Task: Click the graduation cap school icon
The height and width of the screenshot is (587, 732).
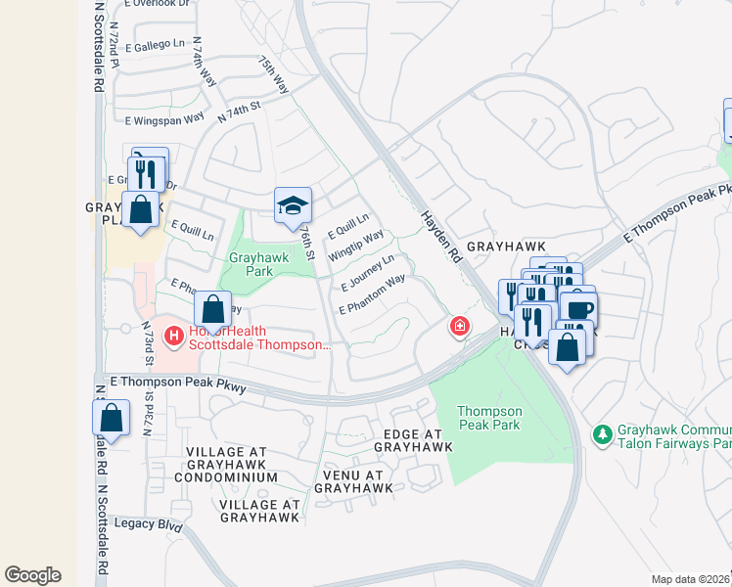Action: coord(293,205)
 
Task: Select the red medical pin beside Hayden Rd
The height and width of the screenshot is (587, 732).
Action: coord(458,326)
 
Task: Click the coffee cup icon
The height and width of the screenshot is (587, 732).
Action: coord(577,309)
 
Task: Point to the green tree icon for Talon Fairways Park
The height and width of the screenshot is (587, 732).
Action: coord(603,432)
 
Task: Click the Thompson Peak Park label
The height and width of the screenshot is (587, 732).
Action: coord(489,418)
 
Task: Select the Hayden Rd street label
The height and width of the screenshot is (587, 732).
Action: coord(440,237)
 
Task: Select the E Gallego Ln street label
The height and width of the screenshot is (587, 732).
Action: coord(148,44)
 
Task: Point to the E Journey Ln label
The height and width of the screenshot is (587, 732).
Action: coord(367,273)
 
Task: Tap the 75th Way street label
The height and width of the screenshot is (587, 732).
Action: coord(273,74)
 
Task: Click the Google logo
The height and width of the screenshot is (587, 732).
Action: coord(32,575)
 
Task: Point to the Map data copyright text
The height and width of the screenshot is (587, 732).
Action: coord(691,579)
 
